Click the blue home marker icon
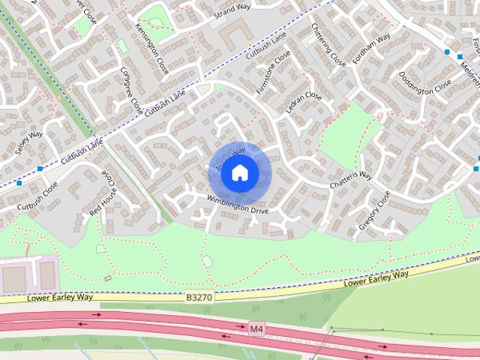(239, 172)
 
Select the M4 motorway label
(257, 328)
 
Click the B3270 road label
(199, 298)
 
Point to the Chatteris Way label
(351, 181)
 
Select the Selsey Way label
(30, 144)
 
